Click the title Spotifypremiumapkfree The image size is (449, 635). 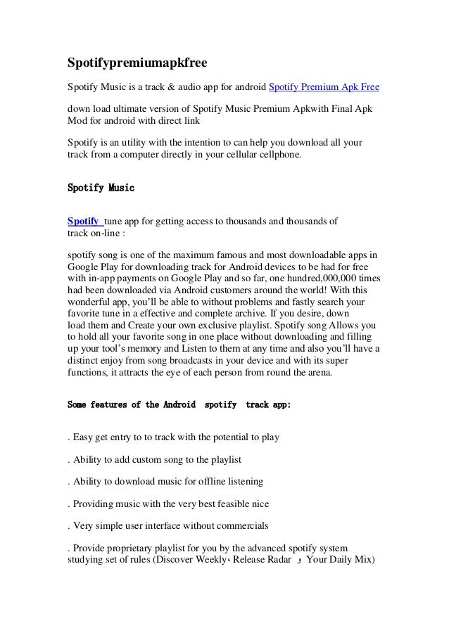132,64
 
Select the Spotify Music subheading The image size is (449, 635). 100,188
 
